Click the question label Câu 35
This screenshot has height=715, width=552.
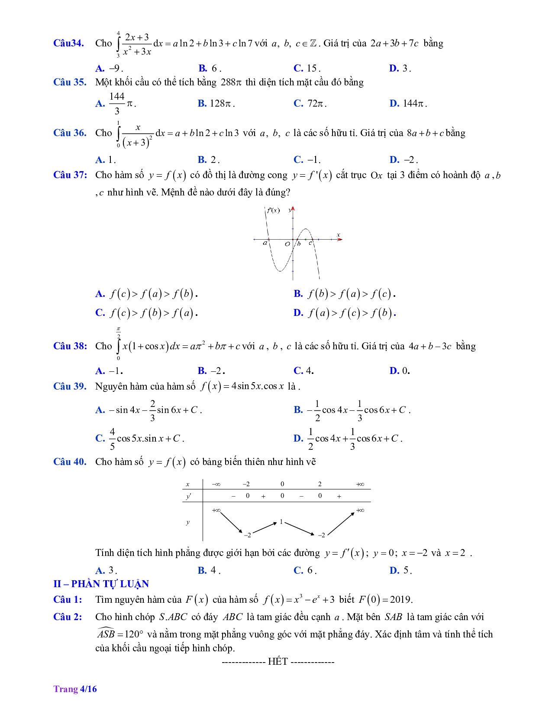click(x=70, y=82)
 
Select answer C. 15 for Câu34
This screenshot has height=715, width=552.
click(x=307, y=68)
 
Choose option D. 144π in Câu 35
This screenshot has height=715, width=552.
click(x=408, y=103)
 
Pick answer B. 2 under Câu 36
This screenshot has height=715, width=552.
click(x=208, y=159)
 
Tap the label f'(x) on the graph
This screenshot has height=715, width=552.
click(x=273, y=211)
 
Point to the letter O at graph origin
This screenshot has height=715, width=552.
click(x=287, y=244)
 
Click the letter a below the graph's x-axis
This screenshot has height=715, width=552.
click(x=265, y=244)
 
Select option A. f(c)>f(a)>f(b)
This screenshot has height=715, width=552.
click(x=146, y=294)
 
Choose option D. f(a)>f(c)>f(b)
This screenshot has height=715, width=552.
click(x=345, y=313)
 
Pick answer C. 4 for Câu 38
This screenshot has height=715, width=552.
click(x=303, y=370)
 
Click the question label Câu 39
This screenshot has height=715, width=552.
click(x=70, y=386)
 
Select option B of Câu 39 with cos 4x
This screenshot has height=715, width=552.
click(x=352, y=410)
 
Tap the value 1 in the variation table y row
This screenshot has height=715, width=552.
click(x=281, y=522)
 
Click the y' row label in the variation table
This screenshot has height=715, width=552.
click(x=188, y=497)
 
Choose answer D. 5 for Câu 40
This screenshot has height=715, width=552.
click(x=400, y=570)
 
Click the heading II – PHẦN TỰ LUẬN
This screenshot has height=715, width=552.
click(x=101, y=584)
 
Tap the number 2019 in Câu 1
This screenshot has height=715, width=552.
click(x=400, y=600)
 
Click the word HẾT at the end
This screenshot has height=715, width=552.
click(x=278, y=662)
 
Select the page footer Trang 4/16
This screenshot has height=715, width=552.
click(x=75, y=689)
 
